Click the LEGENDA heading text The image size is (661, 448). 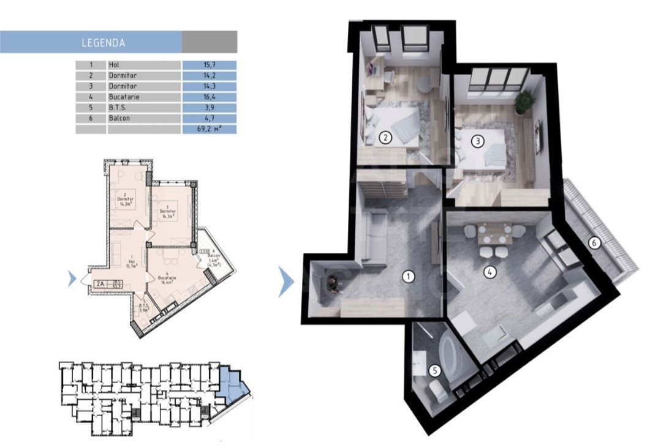(103, 43)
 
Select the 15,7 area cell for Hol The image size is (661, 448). (210, 64)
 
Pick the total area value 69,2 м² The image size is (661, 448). (210, 130)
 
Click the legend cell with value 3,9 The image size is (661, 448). (210, 108)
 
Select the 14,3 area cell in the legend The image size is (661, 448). (210, 86)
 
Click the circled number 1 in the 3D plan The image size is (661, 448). (409, 277)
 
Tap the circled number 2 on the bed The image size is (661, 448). (385, 138)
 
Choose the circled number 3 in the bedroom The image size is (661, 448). (478, 141)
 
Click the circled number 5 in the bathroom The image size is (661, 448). (434, 370)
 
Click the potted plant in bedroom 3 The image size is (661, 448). (524, 102)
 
